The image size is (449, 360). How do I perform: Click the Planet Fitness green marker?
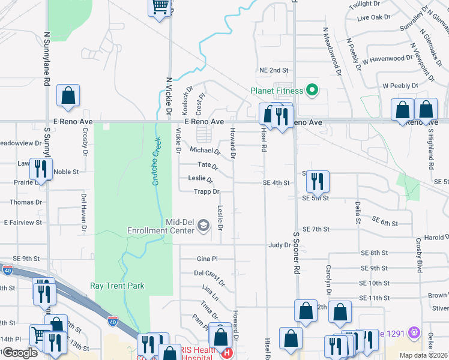coord(312,91)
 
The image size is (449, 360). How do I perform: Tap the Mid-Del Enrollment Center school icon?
coord(203,226)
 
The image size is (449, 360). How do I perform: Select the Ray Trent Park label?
coord(118,286)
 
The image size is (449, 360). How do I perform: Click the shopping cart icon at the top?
coord(159,7)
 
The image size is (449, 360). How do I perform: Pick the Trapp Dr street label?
coord(206,192)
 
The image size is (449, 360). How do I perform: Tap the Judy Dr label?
coord(280,245)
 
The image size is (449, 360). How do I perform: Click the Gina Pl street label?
coord(207,259)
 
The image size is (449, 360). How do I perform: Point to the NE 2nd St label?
coord(274,70)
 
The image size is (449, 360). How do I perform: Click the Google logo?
coord(19,353)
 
